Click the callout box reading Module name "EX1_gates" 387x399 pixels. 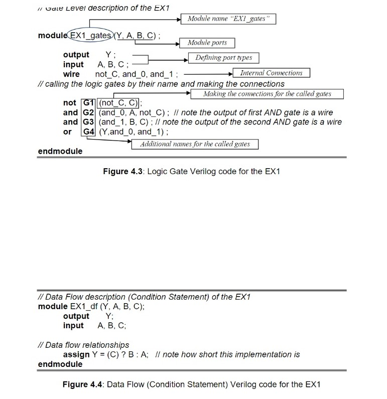point(228,19)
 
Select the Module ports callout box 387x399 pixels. point(207,43)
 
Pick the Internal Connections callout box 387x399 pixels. point(271,73)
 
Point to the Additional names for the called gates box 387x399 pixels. point(195,144)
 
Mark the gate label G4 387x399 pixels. point(88,132)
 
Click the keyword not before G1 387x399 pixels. point(70,103)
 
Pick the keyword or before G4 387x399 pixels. point(67,132)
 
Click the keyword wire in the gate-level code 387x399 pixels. point(71,74)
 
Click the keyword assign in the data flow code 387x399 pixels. point(76,354)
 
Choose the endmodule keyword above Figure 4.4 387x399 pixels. point(60,364)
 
